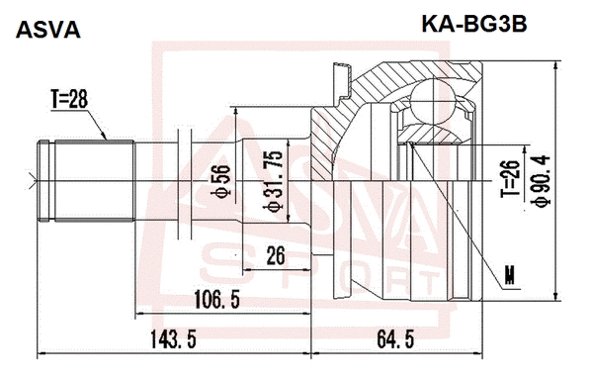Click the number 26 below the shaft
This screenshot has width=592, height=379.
(x=275, y=256)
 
